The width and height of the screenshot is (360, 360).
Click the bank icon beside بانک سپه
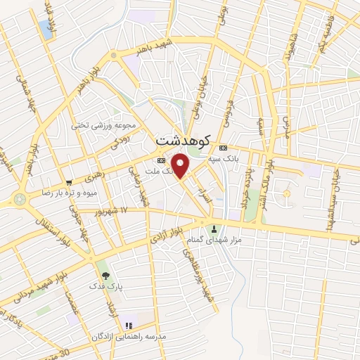(x=223, y=148)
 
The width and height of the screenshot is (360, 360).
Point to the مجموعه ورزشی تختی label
(x=102, y=125)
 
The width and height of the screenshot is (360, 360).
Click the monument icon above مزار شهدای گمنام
(x=214, y=229)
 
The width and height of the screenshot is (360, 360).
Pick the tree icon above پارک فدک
(x=106, y=276)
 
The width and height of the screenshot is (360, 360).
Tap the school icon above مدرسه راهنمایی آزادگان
(x=128, y=326)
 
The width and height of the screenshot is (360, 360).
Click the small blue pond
(x=46, y=30)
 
